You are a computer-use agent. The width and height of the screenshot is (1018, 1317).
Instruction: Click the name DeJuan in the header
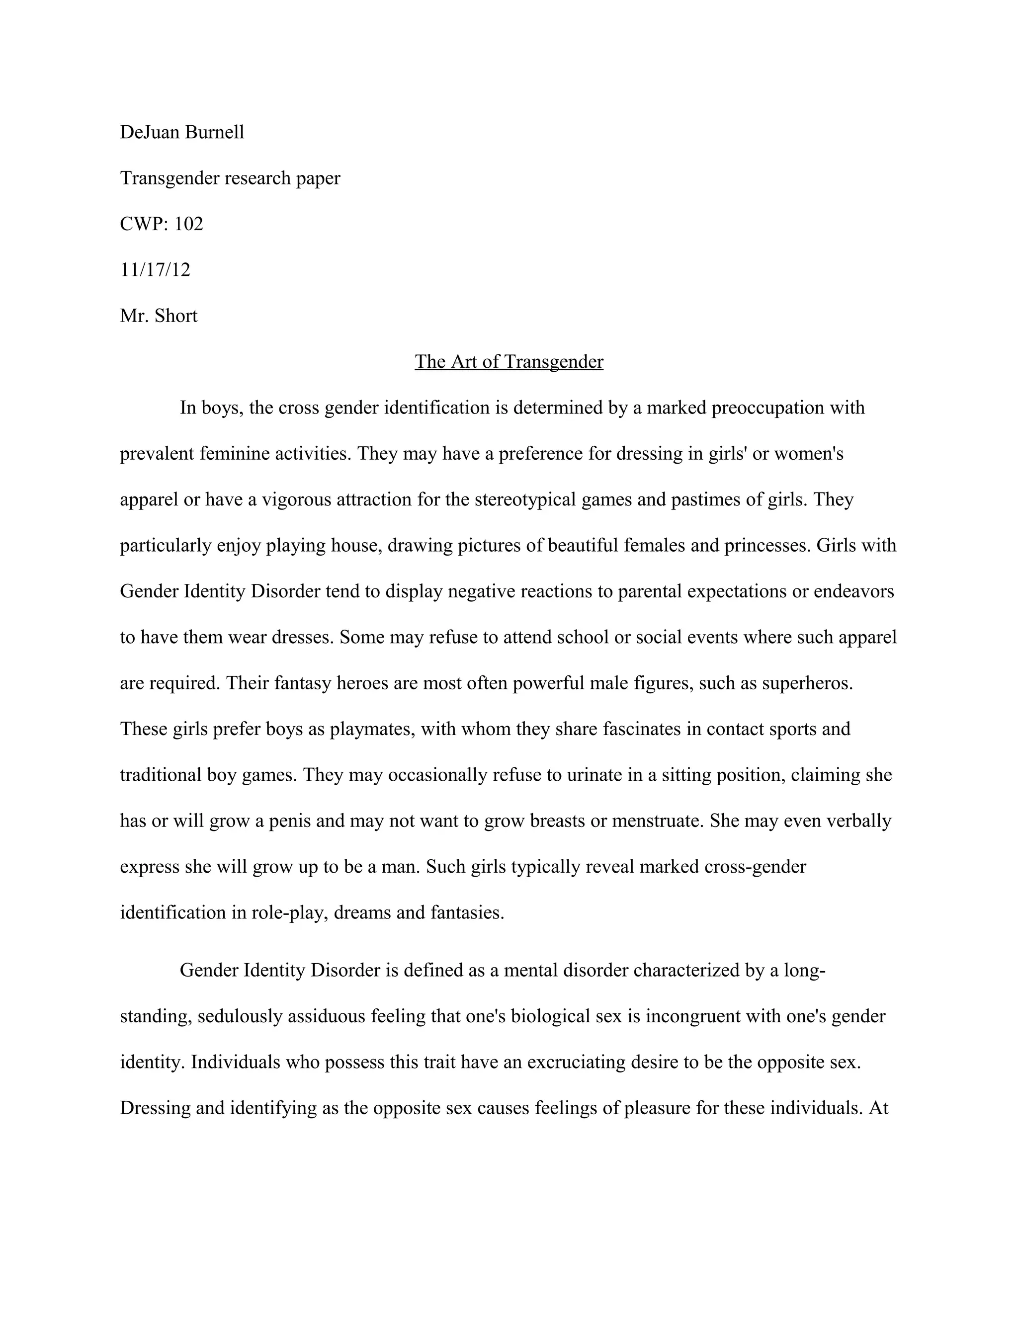(148, 132)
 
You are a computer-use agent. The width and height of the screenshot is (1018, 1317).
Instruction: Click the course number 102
(189, 224)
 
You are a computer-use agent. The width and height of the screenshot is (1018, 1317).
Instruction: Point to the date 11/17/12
(155, 269)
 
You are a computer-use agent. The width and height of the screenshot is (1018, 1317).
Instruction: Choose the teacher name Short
(176, 316)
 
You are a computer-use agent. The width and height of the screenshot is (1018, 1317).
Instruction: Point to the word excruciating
(576, 1062)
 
